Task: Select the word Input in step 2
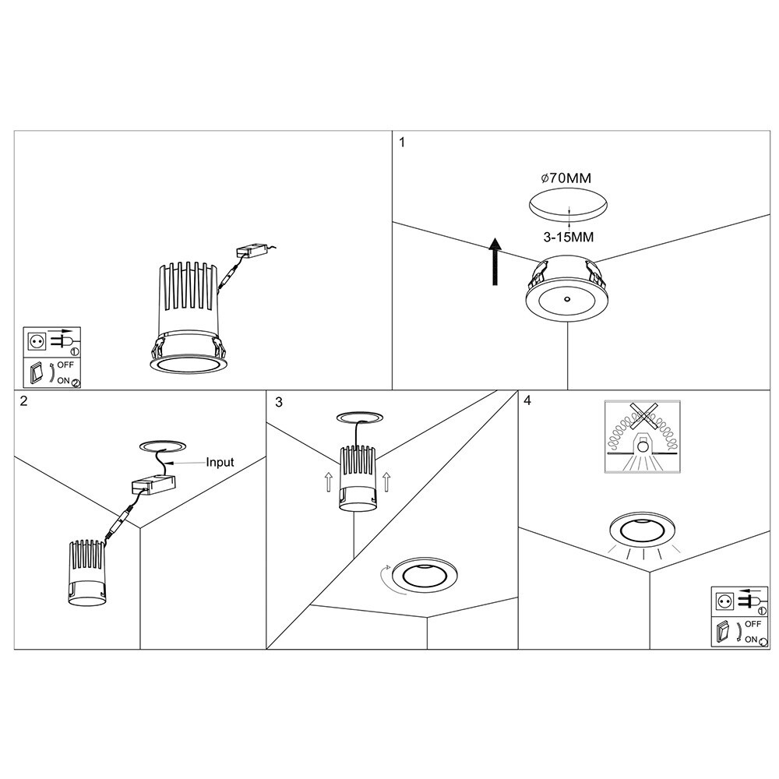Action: (x=220, y=462)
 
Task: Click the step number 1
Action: (x=402, y=143)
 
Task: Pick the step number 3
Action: (x=279, y=402)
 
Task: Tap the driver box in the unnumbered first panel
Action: (x=252, y=252)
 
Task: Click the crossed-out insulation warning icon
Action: (x=643, y=439)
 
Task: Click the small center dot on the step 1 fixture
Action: (x=566, y=299)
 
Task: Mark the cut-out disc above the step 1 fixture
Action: (x=569, y=206)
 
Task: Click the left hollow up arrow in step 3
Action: (x=328, y=483)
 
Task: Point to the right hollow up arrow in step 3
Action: (x=387, y=483)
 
